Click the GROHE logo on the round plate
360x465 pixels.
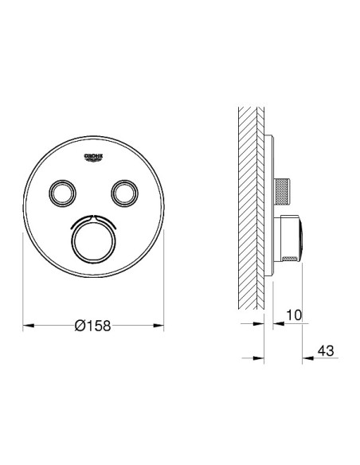pos(94,157)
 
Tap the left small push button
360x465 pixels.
pos(62,193)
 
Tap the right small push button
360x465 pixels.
pos(124,193)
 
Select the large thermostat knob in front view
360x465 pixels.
pos(94,240)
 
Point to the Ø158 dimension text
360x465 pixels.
pos(93,326)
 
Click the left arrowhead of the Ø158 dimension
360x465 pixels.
pos(29,326)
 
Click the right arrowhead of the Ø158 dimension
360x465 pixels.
pos(158,326)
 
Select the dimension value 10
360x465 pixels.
pos(294,315)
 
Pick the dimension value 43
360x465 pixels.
pos(326,351)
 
